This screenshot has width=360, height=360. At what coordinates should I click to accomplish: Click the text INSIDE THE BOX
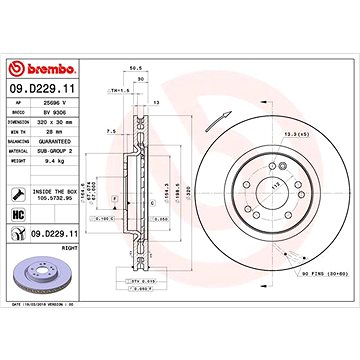(x=55, y=191)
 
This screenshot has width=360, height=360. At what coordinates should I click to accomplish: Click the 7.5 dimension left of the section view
(x=109, y=130)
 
